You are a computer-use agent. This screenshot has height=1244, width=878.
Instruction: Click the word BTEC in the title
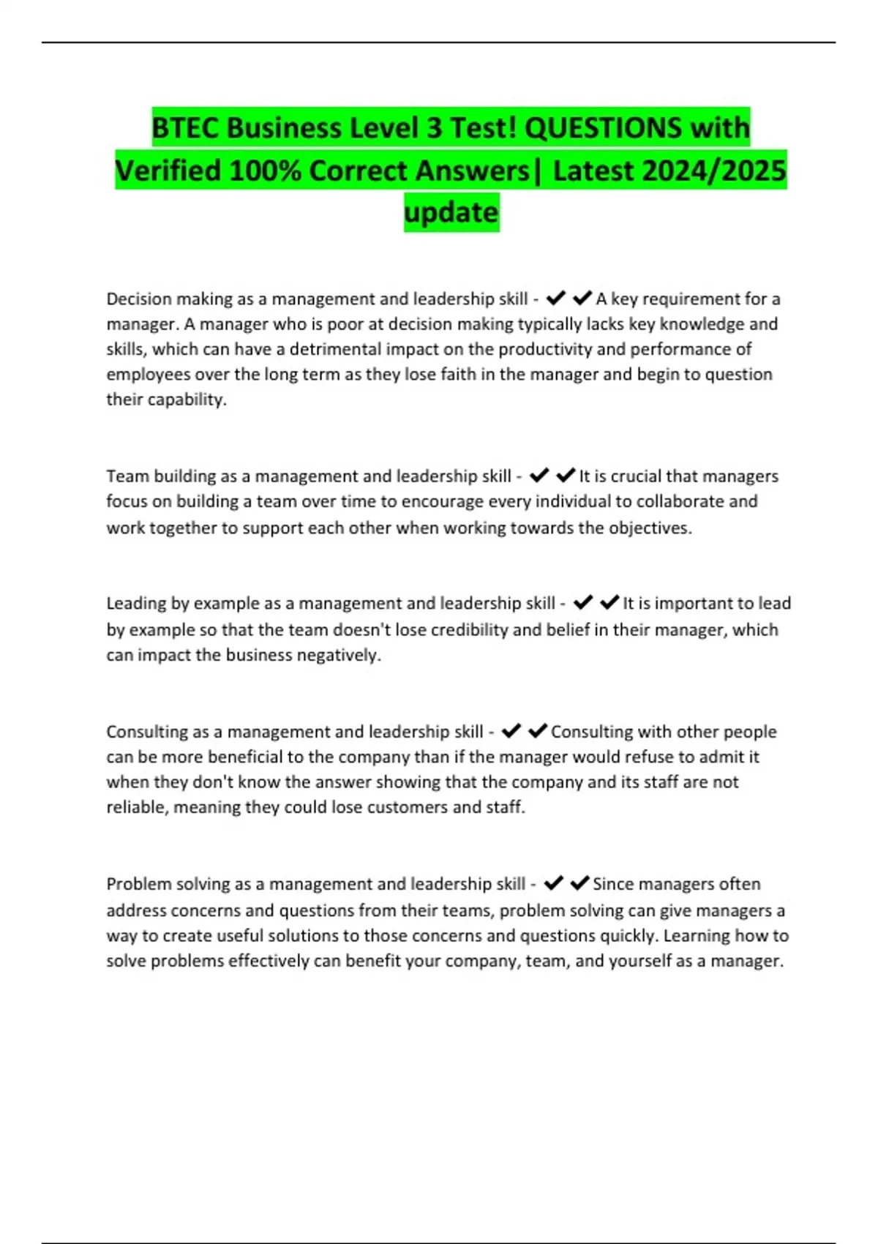tap(185, 128)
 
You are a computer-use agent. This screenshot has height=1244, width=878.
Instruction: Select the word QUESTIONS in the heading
tap(603, 128)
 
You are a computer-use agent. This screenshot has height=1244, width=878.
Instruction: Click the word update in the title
tap(451, 212)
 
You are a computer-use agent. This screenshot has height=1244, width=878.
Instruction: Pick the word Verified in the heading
tap(168, 171)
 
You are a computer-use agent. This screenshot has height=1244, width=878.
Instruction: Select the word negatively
tap(339, 655)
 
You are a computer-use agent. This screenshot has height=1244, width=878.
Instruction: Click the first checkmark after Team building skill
tap(539, 476)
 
